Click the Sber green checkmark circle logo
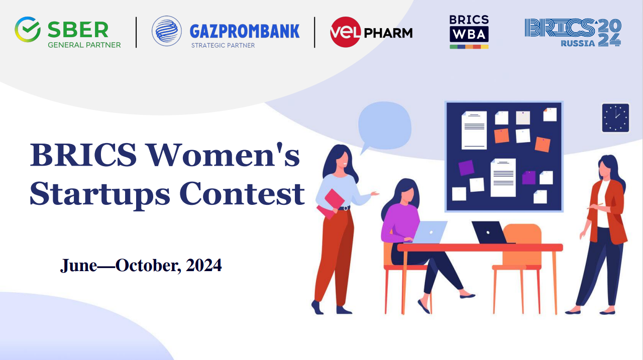(28, 29)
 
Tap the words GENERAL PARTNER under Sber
(84, 45)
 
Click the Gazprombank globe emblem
(167, 31)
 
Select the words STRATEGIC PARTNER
(223, 45)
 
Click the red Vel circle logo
(345, 32)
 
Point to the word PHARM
(388, 33)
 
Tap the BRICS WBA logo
(469, 32)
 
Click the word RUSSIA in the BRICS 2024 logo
(578, 43)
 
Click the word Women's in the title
(224, 155)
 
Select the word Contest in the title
(242, 194)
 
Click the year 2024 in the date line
(204, 265)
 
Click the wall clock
(615, 118)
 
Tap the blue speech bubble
(384, 126)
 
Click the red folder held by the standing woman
(331, 204)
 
